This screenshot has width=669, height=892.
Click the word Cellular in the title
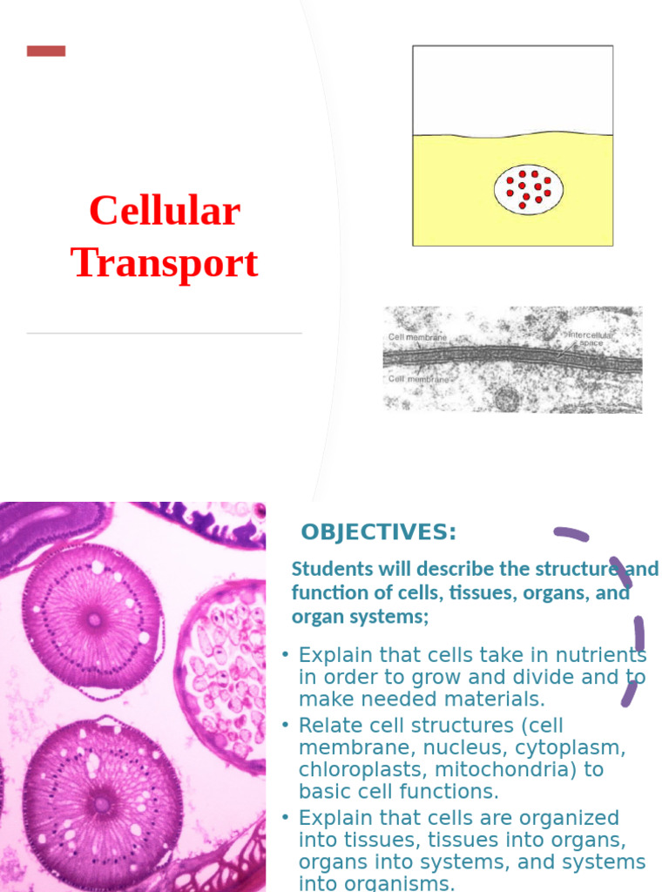click(x=164, y=212)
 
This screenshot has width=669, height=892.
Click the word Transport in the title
click(x=164, y=263)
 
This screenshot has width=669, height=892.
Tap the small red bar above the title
click(x=46, y=51)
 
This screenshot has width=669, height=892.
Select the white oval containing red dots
click(x=529, y=190)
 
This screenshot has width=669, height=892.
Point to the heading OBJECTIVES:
click(x=378, y=532)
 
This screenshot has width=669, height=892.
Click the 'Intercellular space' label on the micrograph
click(x=591, y=338)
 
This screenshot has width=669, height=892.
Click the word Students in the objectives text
click(x=328, y=570)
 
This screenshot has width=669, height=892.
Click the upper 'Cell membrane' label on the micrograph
click(x=417, y=337)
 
